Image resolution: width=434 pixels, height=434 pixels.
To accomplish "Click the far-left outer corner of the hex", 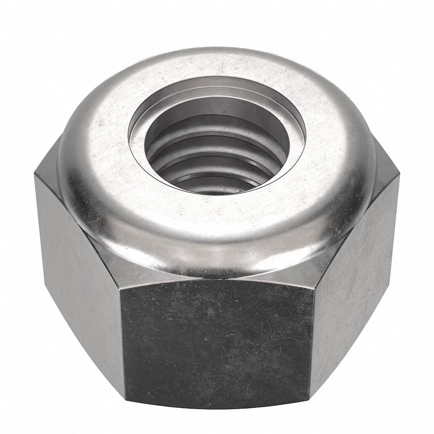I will (35, 176).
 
